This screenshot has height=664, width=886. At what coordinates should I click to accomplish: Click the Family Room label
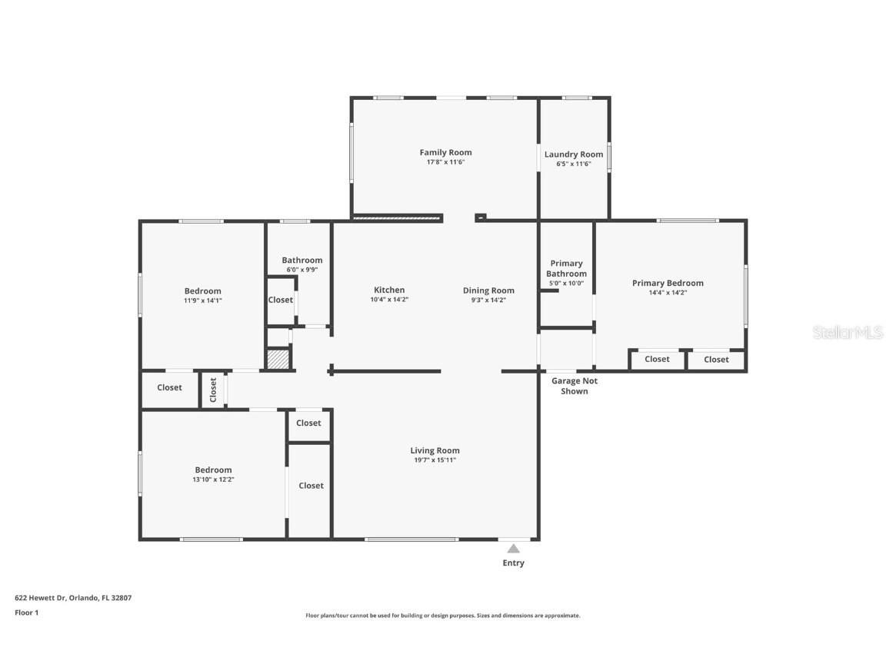445,152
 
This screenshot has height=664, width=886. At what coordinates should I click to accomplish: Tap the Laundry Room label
574,154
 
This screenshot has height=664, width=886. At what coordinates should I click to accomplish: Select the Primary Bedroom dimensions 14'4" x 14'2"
668,293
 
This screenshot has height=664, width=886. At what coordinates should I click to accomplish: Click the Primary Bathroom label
566,268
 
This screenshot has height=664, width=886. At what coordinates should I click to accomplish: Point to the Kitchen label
389,290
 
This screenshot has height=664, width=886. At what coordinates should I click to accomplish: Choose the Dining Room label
488,290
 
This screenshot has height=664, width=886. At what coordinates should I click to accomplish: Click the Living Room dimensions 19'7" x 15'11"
435,460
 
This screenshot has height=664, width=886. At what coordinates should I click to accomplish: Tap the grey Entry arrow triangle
513,548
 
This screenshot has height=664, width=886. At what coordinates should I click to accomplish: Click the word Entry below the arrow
513,563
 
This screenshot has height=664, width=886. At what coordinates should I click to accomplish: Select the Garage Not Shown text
574,386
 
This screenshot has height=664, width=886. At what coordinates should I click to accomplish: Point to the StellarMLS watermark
848,333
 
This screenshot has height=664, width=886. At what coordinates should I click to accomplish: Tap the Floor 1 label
26,613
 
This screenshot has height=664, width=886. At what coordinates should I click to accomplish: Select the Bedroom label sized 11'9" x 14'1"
202,290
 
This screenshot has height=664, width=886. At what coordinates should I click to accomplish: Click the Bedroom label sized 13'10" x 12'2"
213,470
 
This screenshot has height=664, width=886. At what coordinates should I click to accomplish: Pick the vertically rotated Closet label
213,390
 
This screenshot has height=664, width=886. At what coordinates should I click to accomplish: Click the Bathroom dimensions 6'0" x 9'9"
301,270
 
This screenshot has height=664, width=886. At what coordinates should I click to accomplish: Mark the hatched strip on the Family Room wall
398,218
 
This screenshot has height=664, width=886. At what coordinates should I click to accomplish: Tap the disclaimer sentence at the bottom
442,616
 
